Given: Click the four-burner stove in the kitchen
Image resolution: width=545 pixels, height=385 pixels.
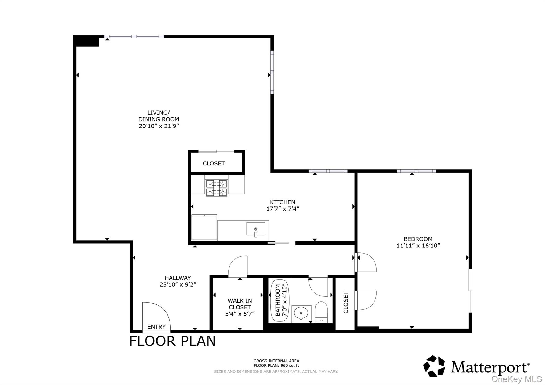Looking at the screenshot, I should pos(216,188).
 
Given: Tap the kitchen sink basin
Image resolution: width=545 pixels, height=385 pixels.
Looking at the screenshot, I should pos(255,229).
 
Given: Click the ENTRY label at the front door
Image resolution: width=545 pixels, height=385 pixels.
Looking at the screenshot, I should pos(156,327).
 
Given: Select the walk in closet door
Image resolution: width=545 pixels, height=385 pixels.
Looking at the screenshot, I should pos(238,266).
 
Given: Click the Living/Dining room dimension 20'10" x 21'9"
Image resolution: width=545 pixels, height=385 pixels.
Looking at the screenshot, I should pos(159,126).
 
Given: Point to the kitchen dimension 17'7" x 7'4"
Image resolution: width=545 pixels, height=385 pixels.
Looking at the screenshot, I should pos(283,209).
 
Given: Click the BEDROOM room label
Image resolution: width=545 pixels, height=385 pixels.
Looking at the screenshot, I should pos(418,239).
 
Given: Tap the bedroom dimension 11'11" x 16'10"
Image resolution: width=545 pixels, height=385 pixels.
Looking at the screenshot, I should pos(418,246).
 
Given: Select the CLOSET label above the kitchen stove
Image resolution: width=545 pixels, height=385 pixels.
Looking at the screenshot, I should pos(214,163).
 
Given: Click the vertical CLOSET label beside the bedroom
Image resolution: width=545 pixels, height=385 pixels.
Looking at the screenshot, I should pos(346,303).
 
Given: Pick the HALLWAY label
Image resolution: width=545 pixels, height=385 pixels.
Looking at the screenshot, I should pos(177,278).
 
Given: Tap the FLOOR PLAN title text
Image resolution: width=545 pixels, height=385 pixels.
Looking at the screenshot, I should pos(172,341).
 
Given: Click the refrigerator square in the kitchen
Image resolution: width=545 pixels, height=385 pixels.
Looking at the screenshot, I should pos(204,228).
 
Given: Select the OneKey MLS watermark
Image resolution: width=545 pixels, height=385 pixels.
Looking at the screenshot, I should pos(516,379).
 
